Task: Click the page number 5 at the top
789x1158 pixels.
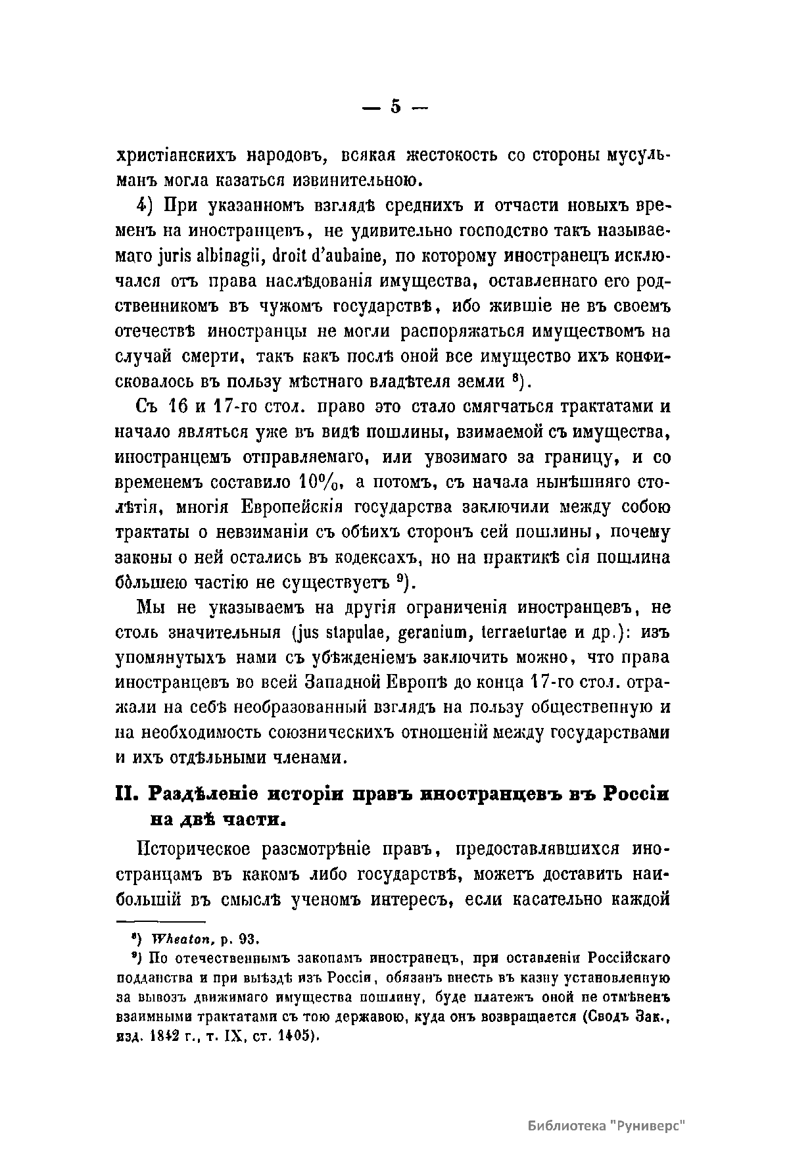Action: click(x=394, y=107)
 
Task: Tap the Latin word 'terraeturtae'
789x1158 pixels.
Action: click(x=517, y=633)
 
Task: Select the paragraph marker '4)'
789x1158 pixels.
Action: click(x=145, y=206)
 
